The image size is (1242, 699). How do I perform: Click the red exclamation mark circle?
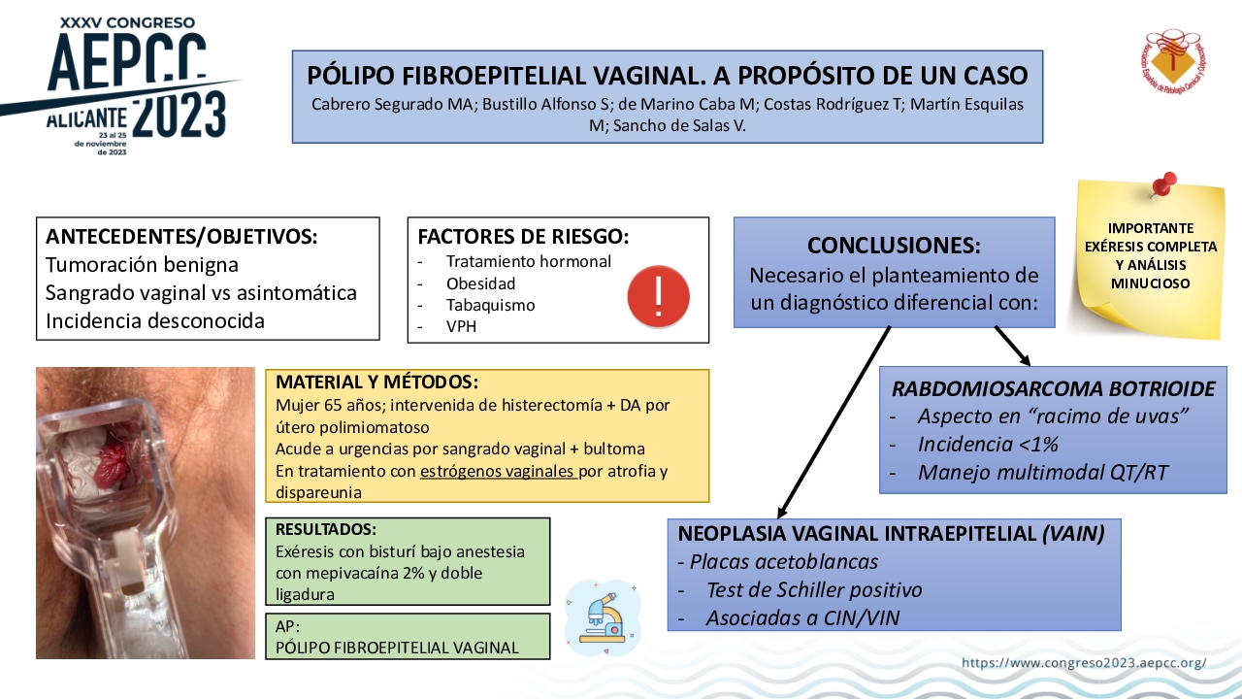[x=658, y=296]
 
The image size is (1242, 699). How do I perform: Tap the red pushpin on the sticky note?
[x=1163, y=184]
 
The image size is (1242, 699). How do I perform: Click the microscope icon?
[x=604, y=617]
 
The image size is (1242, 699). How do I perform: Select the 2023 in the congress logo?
[x=180, y=116]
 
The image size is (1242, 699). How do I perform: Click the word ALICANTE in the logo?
[x=86, y=118]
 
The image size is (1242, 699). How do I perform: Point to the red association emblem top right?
[x=1173, y=61]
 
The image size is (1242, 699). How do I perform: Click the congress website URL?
[x=1084, y=662]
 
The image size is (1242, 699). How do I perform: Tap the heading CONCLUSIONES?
[x=894, y=246]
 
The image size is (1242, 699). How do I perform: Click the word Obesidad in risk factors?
[x=480, y=283]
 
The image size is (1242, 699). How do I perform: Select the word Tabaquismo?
[x=491, y=305]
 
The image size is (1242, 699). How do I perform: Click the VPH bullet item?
[x=461, y=327]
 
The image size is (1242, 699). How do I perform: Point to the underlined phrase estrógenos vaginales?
[x=498, y=471]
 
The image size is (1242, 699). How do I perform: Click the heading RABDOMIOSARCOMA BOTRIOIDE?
[x=1054, y=389]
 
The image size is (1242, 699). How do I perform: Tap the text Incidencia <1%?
[x=988, y=445]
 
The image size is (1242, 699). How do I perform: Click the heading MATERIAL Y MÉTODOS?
[x=376, y=383]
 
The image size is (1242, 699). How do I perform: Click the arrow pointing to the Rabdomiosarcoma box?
[x=1012, y=347]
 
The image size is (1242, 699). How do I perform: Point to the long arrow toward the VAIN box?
[x=834, y=422]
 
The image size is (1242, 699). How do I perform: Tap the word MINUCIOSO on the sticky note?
[x=1151, y=283]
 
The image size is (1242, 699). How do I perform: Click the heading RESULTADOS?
[x=326, y=529]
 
